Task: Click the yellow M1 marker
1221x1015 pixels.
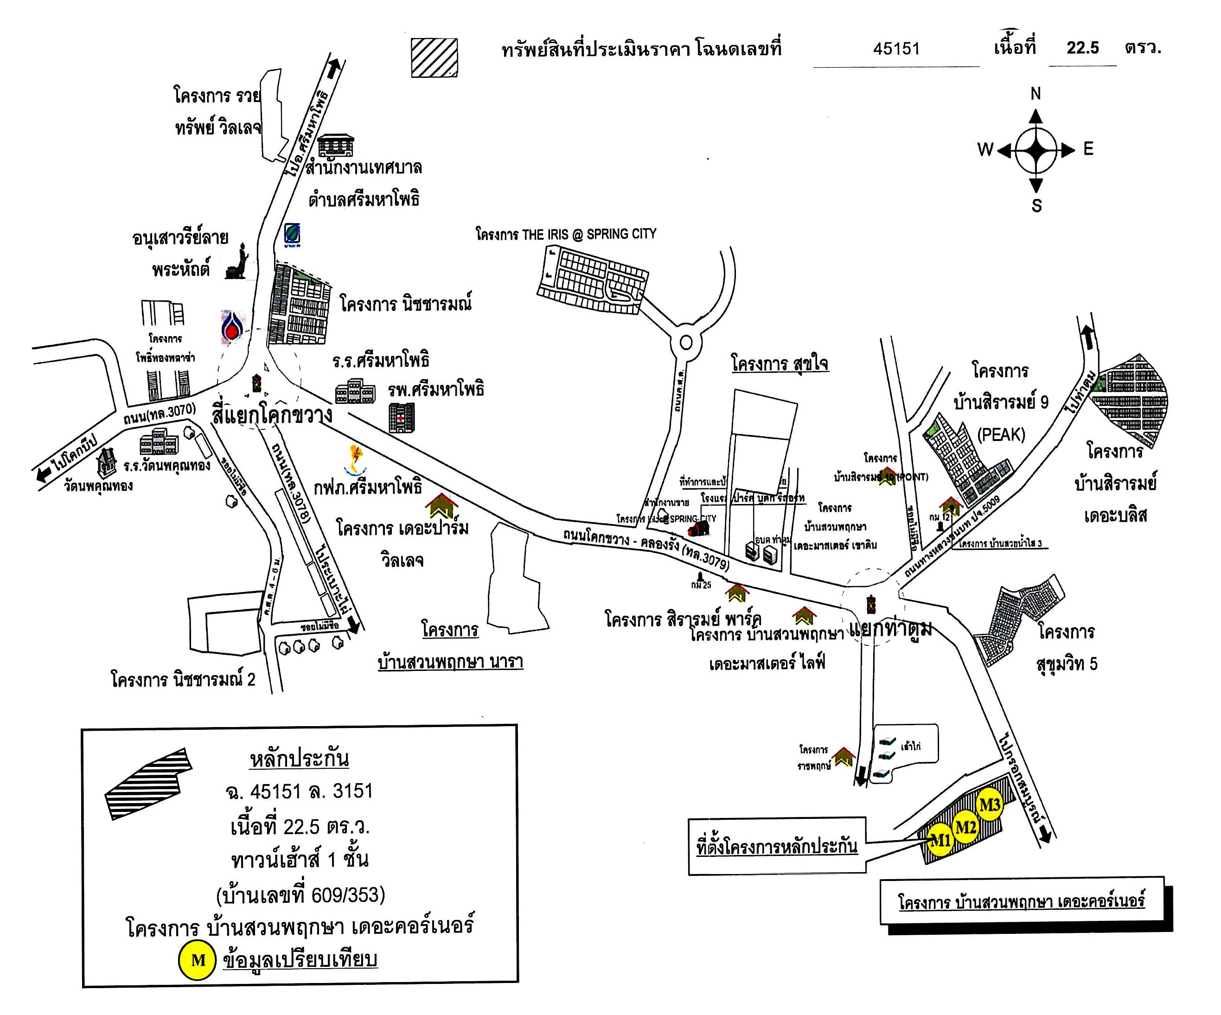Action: pyautogui.click(x=940, y=840)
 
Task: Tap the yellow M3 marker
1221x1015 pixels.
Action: pyautogui.click(x=990, y=805)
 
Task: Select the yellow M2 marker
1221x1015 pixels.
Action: pyautogui.click(x=965, y=826)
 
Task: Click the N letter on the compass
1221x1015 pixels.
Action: pyautogui.click(x=1036, y=94)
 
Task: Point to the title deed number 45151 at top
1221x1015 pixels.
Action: pyautogui.click(x=896, y=48)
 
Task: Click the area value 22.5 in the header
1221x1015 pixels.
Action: pyautogui.click(x=1082, y=48)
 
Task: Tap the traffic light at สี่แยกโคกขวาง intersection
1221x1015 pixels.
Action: pyautogui.click(x=256, y=383)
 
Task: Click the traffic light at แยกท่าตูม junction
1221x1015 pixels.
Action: pyautogui.click(x=870, y=605)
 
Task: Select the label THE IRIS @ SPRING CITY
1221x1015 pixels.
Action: pyautogui.click(x=565, y=234)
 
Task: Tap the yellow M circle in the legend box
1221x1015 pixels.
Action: pyautogui.click(x=198, y=960)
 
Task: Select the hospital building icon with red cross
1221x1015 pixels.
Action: pyautogui.click(x=402, y=418)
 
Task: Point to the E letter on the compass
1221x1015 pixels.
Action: pyautogui.click(x=1088, y=149)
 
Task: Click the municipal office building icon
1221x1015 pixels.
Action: pyautogui.click(x=335, y=145)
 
